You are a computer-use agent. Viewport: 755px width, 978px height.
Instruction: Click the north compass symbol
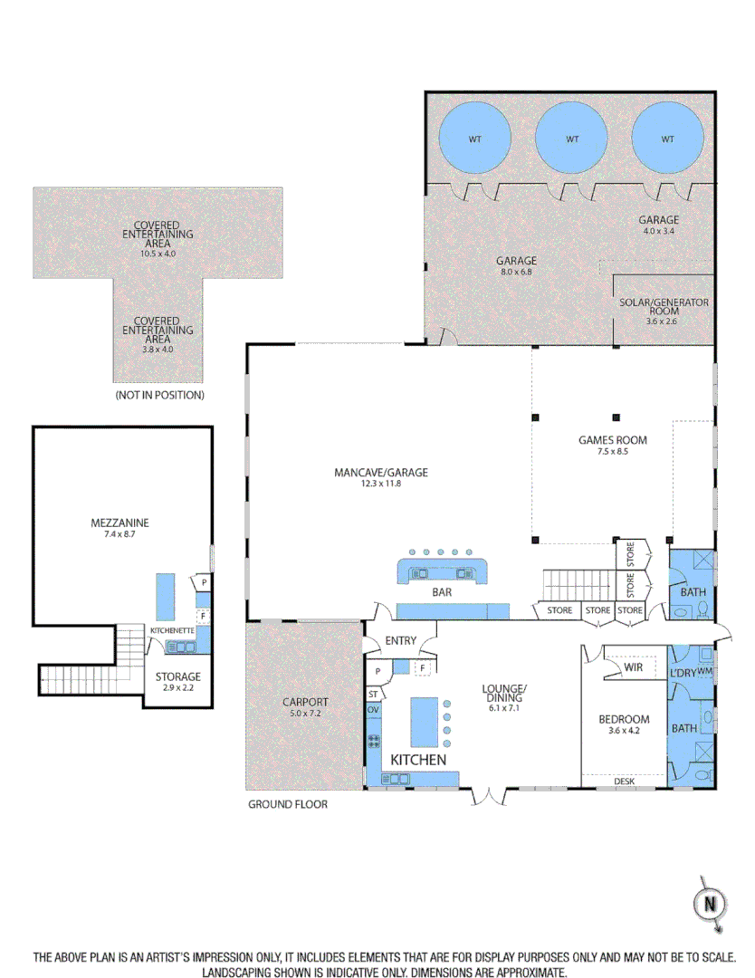coord(710,904)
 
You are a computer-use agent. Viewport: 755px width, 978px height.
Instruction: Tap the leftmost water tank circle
coord(475,139)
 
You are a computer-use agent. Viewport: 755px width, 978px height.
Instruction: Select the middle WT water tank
coord(571,139)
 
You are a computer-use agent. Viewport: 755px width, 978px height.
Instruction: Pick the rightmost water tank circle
coord(667,139)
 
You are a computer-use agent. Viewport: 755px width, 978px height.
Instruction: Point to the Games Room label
coord(613,441)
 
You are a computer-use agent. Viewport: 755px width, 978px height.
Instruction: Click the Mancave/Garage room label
coord(380,472)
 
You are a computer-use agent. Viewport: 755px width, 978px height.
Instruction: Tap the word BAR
coord(442,593)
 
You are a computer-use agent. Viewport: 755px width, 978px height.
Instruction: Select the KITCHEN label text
coord(417,759)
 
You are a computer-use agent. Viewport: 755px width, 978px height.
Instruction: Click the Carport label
coord(305,702)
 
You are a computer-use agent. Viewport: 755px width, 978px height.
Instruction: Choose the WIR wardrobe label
coord(634,667)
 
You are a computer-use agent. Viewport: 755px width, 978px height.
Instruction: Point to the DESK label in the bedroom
coord(625,781)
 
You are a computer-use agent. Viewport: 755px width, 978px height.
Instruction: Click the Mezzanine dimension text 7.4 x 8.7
coord(119,534)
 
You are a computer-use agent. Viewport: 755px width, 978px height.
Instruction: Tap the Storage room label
coord(177,676)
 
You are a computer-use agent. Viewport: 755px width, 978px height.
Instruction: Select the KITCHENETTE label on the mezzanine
coord(168,628)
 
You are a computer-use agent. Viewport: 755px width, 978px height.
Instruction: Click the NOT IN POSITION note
coord(159,396)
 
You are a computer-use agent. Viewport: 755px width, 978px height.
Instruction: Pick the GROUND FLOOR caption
coord(287,804)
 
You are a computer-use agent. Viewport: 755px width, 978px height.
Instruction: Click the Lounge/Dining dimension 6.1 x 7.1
coord(504,708)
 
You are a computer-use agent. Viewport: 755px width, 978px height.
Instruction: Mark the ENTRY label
coord(400,641)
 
